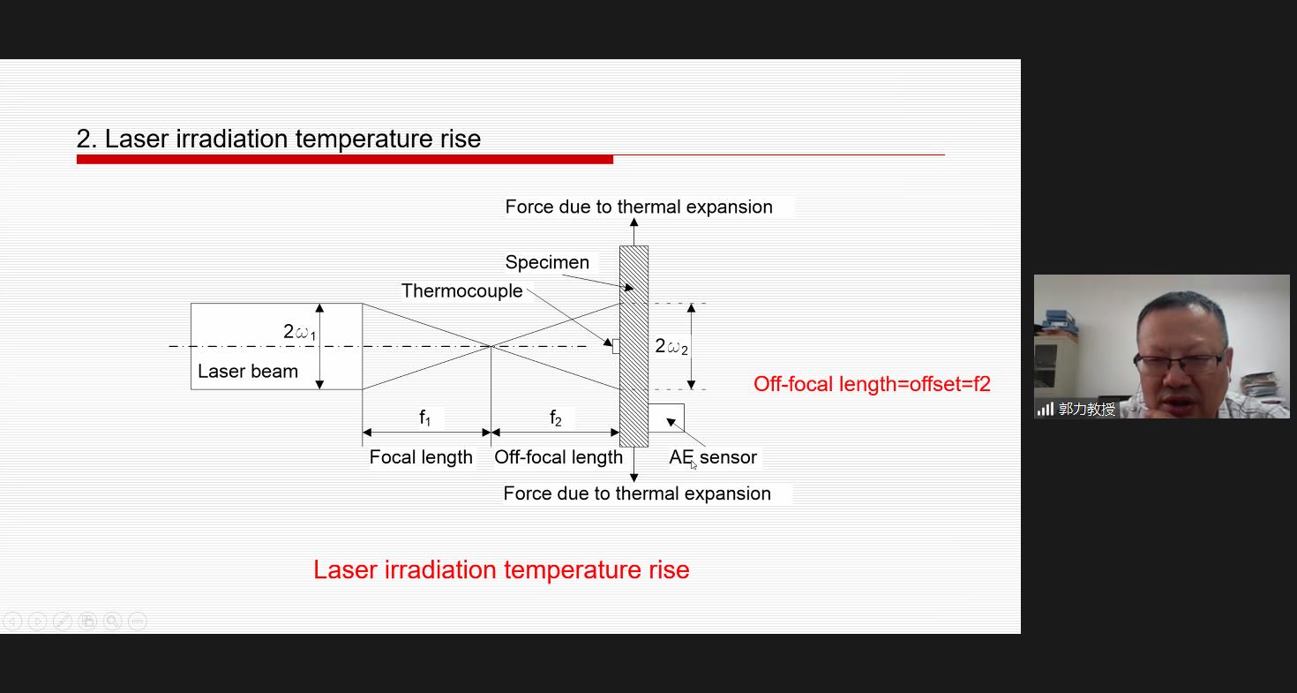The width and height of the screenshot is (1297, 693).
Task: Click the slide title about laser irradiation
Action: (x=279, y=139)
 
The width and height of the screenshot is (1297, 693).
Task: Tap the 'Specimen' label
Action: (x=547, y=262)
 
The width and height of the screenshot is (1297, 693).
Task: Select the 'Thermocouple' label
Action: (x=462, y=290)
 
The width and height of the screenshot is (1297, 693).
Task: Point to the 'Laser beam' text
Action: (x=248, y=372)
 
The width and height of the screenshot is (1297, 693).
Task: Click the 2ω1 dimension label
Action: (x=299, y=332)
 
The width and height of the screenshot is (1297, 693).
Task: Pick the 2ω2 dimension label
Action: (x=671, y=346)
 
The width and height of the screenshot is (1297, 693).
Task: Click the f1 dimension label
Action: (x=425, y=418)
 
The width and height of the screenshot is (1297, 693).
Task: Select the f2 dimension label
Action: (x=555, y=418)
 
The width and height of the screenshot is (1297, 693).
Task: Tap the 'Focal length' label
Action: (x=421, y=457)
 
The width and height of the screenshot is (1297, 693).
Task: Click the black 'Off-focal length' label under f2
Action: (x=559, y=457)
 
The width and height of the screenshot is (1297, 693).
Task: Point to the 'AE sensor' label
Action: (x=713, y=457)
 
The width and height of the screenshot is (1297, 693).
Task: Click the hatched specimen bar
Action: (x=634, y=346)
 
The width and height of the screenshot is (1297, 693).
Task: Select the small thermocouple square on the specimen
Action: (x=616, y=346)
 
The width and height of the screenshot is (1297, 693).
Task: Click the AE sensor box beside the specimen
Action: (x=666, y=418)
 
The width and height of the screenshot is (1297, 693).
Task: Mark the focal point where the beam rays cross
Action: (x=491, y=346)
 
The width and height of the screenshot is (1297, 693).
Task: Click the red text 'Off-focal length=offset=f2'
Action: (x=872, y=384)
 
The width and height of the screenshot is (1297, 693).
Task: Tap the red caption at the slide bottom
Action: (x=501, y=569)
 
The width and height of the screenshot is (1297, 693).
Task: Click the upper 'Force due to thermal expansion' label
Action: (x=639, y=207)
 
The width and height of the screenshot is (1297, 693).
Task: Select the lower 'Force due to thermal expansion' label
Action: (x=637, y=493)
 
